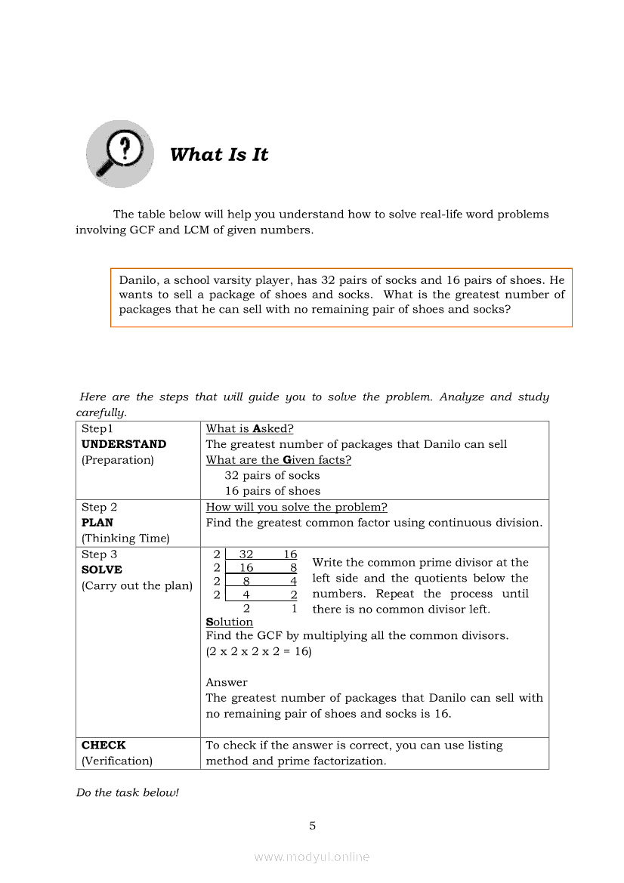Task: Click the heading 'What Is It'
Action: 219,155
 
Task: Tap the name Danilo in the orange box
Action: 137,279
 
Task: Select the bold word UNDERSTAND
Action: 124,444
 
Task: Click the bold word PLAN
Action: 97,523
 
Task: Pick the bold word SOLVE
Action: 102,570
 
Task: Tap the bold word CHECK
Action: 103,745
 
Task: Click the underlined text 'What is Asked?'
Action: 249,428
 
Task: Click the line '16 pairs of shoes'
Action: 272,491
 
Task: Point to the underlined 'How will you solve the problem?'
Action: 296,507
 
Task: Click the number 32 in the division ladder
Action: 246,554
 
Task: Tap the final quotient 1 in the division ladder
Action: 294,608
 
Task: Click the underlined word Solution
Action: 229,622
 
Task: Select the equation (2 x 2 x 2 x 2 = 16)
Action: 258,651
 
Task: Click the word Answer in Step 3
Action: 227,682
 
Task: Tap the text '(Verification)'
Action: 117,761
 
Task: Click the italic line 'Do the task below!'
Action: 127,792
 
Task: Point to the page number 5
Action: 312,826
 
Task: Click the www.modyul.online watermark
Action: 312,857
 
